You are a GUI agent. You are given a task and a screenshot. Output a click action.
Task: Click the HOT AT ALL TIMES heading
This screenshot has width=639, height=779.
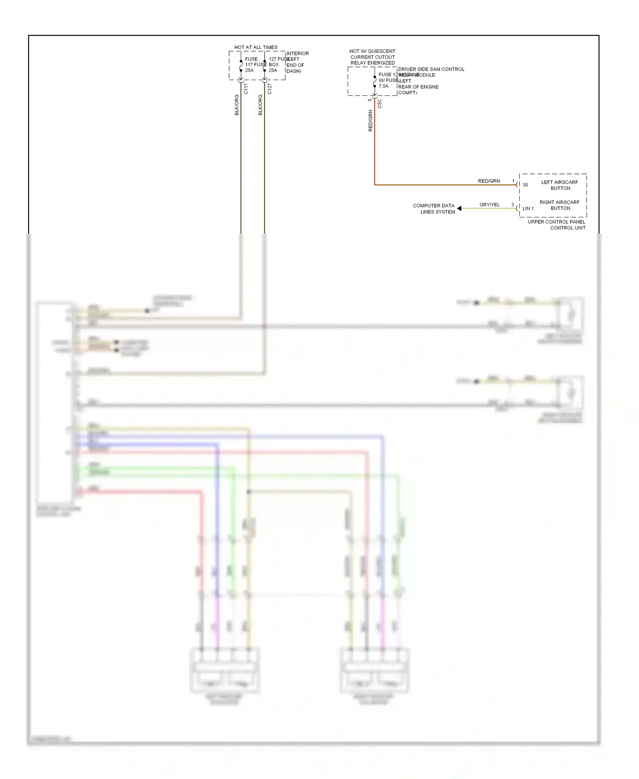coord(256,47)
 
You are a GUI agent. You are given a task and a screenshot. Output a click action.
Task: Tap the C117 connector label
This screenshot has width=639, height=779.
coord(246,89)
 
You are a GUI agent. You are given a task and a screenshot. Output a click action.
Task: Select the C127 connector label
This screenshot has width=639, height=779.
coord(269,89)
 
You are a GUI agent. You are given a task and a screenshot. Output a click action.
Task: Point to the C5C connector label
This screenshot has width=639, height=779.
coord(380,104)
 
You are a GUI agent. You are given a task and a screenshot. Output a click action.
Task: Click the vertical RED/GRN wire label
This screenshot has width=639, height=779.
coord(370,121)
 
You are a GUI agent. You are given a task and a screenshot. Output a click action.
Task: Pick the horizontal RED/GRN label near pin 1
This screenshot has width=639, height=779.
coord(489,181)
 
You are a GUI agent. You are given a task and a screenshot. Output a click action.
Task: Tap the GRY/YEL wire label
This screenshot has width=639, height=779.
coord(489,205)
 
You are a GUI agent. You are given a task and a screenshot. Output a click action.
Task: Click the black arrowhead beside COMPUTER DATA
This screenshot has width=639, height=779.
coord(459,208)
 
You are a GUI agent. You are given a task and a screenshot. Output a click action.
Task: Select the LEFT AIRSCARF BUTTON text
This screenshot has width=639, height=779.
coord(560,185)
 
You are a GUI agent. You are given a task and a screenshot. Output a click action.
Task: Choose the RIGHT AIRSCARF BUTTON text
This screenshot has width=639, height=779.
coord(560,205)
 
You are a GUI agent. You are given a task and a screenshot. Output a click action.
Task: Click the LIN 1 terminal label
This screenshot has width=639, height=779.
coord(528,208)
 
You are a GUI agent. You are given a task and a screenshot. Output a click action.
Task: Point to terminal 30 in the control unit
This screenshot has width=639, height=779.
coord(525,185)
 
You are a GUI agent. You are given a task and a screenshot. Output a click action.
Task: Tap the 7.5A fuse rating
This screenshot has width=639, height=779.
coord(383,86)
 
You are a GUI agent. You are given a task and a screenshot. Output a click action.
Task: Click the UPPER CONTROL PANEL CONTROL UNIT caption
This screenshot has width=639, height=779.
coord(557,225)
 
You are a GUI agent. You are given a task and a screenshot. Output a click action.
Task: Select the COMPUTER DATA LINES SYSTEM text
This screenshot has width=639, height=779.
coord(434,208)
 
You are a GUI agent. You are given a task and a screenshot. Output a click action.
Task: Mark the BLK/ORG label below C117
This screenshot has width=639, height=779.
coord(237,105)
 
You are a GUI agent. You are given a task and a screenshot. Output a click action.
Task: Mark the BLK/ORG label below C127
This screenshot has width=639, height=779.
coord(260,105)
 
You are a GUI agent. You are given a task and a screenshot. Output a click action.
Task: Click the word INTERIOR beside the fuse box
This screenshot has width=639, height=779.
coord(297,54)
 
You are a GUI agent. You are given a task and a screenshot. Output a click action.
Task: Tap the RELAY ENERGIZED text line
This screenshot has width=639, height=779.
coord(372,63)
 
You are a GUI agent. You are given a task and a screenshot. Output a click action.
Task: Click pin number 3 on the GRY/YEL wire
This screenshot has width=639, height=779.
coord(512,205)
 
